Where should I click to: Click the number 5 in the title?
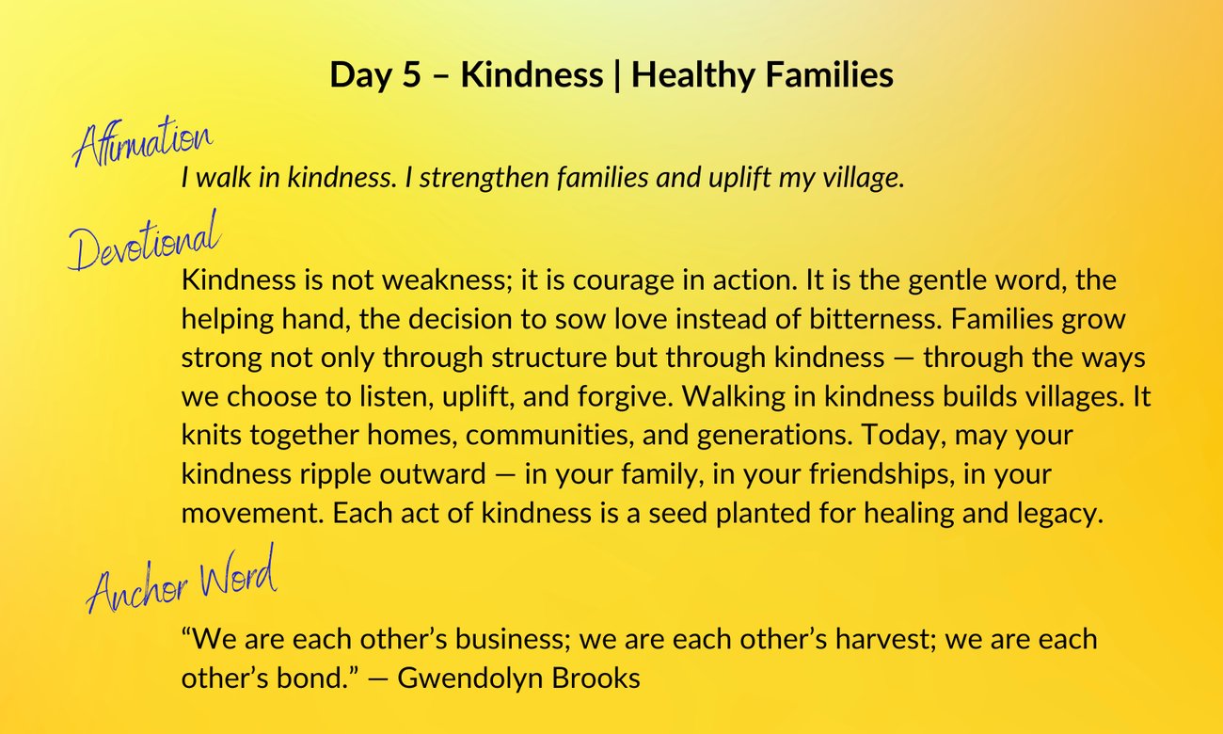pos(412,75)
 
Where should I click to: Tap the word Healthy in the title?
pos(691,75)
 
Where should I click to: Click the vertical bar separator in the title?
pos(617,76)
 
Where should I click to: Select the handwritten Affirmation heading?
pos(142,140)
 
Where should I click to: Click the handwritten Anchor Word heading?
pos(182,580)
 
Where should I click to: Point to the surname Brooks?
pos(596,678)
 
